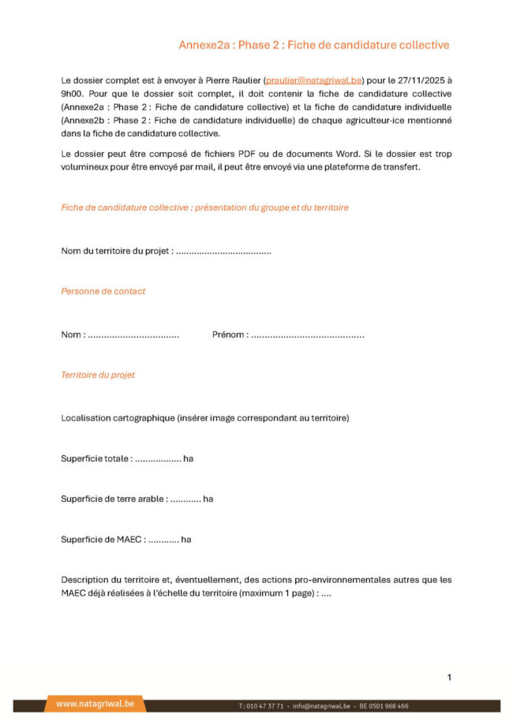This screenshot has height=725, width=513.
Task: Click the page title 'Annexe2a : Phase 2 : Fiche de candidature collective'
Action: tap(313, 45)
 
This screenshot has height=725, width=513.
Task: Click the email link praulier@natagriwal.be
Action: tap(313, 80)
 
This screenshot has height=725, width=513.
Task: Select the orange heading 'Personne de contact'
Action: tap(103, 291)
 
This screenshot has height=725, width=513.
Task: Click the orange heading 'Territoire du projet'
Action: tap(98, 375)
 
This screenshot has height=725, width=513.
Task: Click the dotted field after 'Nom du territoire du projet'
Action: tap(223, 251)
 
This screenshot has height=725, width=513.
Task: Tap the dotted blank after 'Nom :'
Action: tap(133, 334)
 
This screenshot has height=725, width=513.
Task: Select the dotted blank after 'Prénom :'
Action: tap(308, 334)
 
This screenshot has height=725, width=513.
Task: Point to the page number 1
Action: tap(449, 677)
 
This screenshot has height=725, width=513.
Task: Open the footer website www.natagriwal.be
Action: tap(95, 704)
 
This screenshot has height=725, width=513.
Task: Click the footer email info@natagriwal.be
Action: tap(320, 706)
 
